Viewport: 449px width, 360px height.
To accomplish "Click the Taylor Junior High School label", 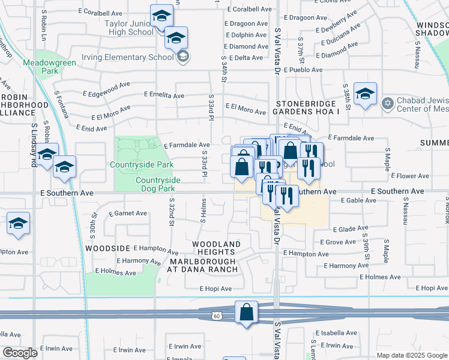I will point(129,28).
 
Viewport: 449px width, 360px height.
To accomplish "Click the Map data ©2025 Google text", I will point(411,355).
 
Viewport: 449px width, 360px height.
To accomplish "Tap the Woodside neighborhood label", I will point(107,248).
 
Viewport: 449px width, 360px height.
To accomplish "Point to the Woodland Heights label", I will point(216,248).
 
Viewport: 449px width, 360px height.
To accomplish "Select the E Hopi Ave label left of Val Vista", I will point(215,289).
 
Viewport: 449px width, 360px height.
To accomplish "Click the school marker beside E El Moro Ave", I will point(365,94).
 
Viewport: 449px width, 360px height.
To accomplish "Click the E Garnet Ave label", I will point(128,213).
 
